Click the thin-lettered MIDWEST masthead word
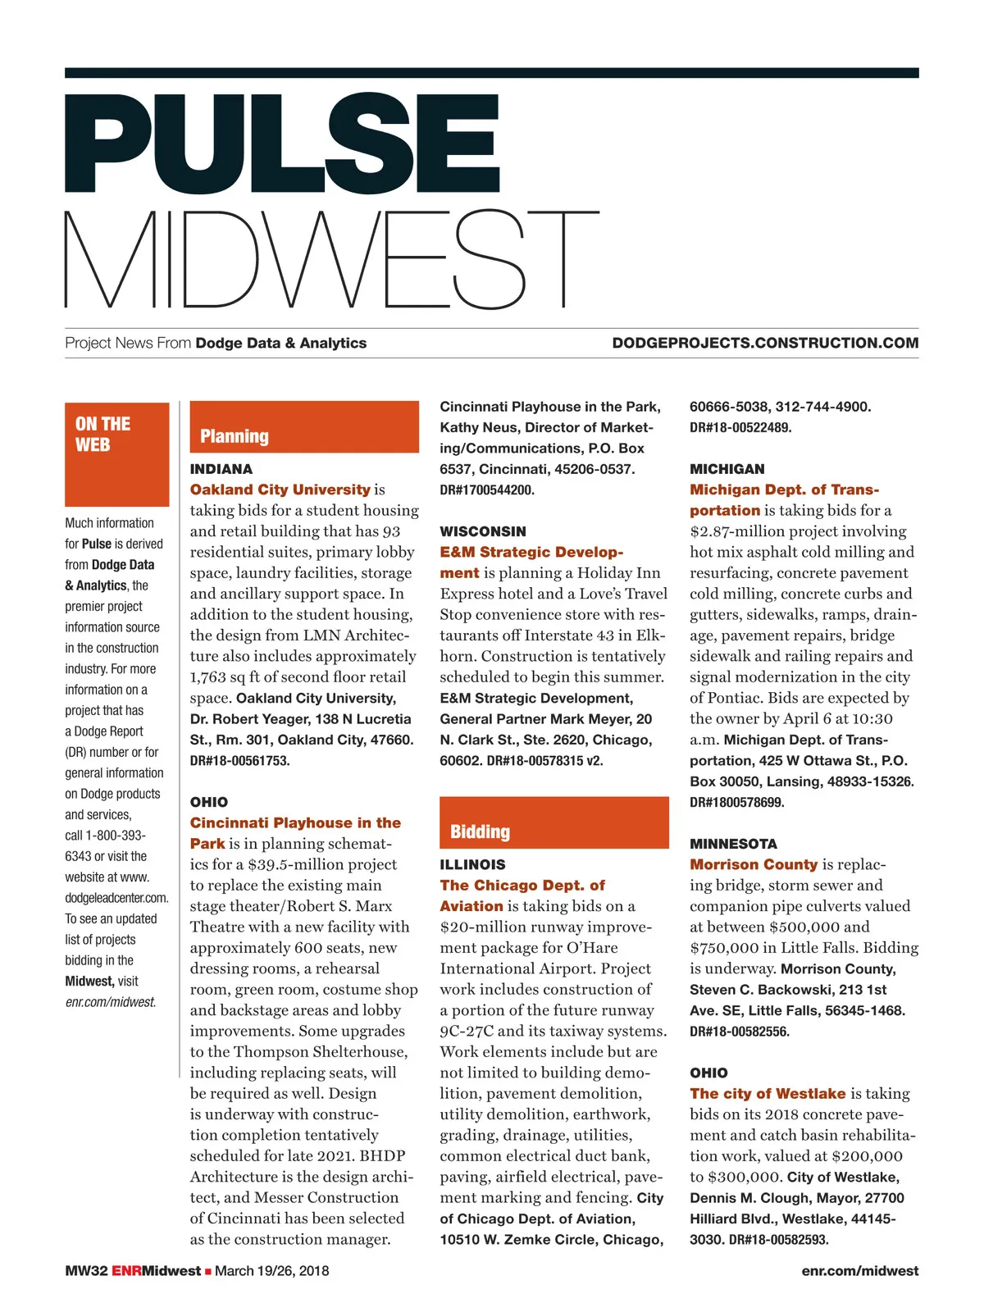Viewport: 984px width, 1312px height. coord(331,259)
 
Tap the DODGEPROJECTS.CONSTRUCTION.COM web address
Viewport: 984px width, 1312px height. coord(764,344)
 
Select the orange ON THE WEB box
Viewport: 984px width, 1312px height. coord(116,453)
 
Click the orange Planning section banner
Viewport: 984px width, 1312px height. coord(304,427)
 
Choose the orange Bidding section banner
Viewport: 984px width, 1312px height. coord(553,822)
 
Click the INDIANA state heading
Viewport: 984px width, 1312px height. coord(221,470)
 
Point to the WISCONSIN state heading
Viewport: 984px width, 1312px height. coord(483,531)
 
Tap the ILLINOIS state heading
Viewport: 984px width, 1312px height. coord(472,864)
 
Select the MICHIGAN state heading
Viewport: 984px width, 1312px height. coord(727,469)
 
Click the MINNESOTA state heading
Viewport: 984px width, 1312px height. coord(733,844)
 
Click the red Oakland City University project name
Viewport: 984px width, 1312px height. coord(280,490)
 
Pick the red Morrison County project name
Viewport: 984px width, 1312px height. coord(754,864)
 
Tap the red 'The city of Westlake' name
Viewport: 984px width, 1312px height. coord(768,1093)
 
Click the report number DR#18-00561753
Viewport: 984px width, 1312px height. coord(239,761)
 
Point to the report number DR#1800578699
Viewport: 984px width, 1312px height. coord(736,803)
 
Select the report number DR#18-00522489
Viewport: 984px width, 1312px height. coord(740,428)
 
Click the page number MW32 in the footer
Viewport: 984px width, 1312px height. coord(86,1271)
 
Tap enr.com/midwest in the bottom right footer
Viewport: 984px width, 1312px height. coord(859,1271)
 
